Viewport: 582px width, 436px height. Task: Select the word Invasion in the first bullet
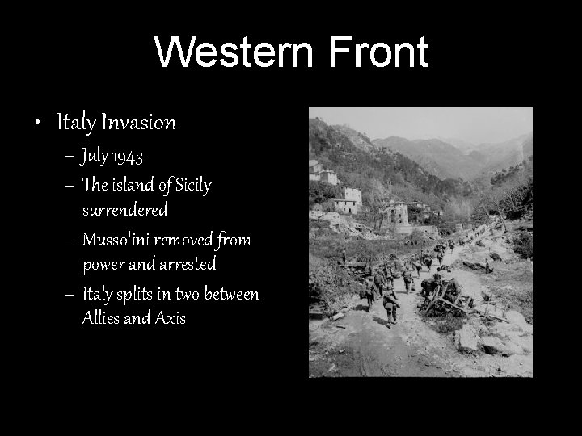pyautogui.click(x=138, y=123)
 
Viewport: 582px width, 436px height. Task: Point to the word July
pyautogui.click(x=95, y=156)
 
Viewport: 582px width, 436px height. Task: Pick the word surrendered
pyautogui.click(x=124, y=210)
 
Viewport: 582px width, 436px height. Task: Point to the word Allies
pyautogui.click(x=101, y=318)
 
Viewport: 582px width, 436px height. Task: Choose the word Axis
pyautogui.click(x=170, y=318)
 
